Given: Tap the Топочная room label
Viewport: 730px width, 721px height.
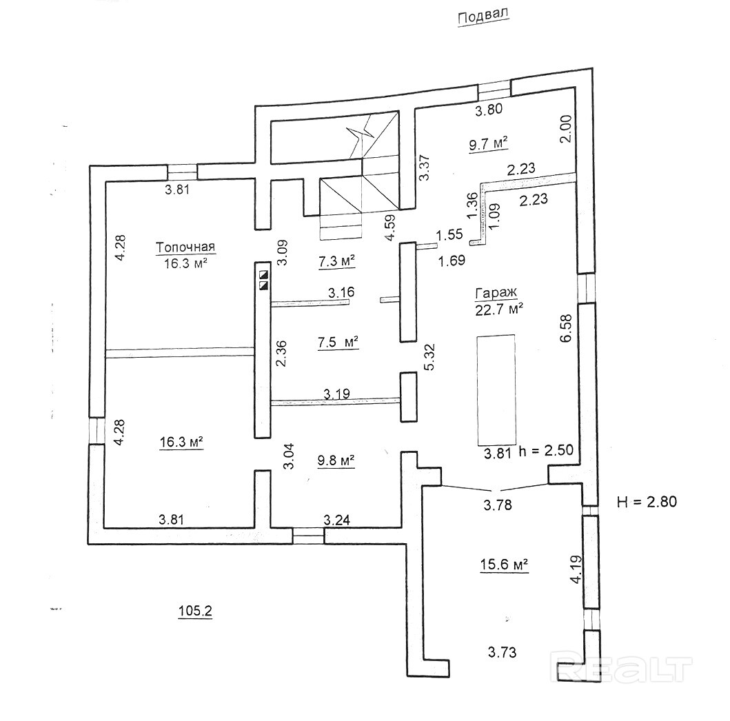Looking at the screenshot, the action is click(185, 247).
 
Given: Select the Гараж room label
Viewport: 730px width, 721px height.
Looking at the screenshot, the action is click(496, 293).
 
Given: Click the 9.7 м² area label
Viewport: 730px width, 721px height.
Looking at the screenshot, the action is click(488, 144).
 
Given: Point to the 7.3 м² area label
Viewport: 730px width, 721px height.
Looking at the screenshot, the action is click(336, 261).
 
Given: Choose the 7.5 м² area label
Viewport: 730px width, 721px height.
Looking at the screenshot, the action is click(338, 342).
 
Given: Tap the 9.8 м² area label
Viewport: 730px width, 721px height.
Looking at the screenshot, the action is click(336, 461).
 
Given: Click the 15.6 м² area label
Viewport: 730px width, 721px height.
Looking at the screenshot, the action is click(504, 565).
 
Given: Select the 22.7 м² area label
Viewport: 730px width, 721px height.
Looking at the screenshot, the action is click(499, 309).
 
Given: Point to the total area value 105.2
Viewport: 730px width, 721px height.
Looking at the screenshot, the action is click(195, 611).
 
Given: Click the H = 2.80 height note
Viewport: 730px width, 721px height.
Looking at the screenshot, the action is click(647, 502).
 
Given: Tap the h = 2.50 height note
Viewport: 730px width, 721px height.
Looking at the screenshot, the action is click(546, 451).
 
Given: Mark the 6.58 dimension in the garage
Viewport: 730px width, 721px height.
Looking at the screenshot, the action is click(566, 329).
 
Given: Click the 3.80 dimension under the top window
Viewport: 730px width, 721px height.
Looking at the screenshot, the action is click(488, 110).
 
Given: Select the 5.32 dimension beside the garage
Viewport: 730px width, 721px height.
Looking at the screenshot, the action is click(429, 356).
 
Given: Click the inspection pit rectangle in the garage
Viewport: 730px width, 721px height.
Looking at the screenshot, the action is click(496, 389).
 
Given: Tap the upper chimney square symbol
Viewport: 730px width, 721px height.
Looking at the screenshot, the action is click(264, 274).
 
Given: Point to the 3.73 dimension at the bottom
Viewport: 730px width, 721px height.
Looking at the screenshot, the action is click(503, 652).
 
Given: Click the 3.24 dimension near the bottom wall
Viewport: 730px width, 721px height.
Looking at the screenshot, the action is click(336, 520).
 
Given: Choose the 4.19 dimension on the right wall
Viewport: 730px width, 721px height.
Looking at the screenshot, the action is click(576, 570).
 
